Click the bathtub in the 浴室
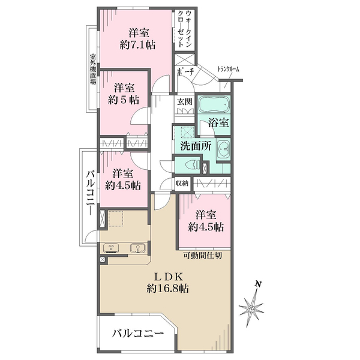coord(214,104)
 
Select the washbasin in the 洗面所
coord(223,149)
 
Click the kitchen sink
coord(138,248)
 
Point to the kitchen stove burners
coord(111,248)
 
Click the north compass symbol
coord(251,309)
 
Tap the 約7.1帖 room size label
coord(137,46)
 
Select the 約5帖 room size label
coord(124,100)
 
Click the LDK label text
coord(169,277)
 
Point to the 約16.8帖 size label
coord(168,289)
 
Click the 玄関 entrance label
coord(185,101)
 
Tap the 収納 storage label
coord(182,183)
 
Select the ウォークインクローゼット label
coord(185,28)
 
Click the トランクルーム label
coord(228,68)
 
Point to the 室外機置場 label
coord(93,70)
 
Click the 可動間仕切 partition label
coord(203,256)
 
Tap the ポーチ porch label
coord(185,72)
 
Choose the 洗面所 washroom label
coord(196,146)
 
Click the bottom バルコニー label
coord(138,334)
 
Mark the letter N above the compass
coord(259,284)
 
